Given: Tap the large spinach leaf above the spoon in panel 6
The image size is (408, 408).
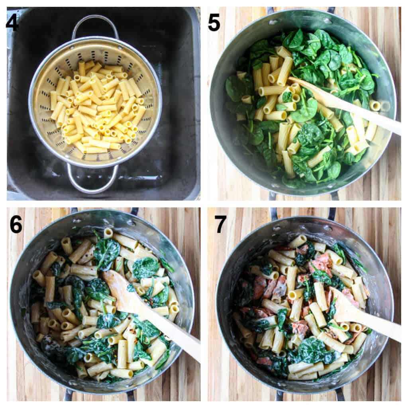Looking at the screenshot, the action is pos(107,250).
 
